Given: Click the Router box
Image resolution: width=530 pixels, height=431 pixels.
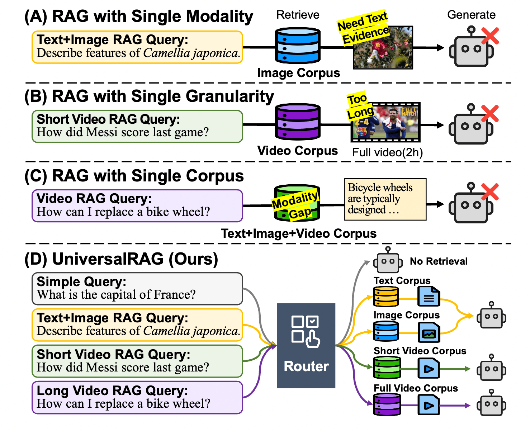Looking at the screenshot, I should click(x=306, y=345).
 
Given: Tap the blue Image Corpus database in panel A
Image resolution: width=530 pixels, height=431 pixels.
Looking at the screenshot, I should click(x=298, y=46).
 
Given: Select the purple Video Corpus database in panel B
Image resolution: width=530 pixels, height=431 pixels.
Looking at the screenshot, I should click(x=298, y=122).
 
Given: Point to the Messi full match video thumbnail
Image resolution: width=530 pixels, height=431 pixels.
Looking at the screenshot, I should click(x=385, y=122).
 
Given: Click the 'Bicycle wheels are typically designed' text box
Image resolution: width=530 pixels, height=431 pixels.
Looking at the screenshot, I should click(x=385, y=199).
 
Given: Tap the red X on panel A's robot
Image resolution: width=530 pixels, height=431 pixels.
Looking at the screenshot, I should click(x=490, y=36).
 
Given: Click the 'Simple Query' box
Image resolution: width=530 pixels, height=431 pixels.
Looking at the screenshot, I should click(x=137, y=289).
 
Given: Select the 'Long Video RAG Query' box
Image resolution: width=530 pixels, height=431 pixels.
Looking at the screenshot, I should click(x=137, y=397).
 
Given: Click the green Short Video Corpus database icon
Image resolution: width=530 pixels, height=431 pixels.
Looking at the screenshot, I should click(x=387, y=368).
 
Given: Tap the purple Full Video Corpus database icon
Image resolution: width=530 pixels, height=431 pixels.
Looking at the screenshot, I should click(x=387, y=404).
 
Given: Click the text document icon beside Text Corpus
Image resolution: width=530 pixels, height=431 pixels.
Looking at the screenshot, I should click(x=429, y=297).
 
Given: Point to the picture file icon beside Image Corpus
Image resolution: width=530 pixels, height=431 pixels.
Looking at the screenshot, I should click(x=429, y=332).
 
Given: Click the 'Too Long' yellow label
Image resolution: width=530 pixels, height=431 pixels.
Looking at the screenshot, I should click(x=359, y=106).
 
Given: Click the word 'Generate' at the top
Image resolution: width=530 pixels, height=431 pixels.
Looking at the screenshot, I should click(x=471, y=15).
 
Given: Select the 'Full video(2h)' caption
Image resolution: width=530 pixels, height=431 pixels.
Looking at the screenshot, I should click(x=387, y=152).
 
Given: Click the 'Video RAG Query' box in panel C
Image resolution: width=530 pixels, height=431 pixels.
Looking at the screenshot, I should click(x=137, y=205).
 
